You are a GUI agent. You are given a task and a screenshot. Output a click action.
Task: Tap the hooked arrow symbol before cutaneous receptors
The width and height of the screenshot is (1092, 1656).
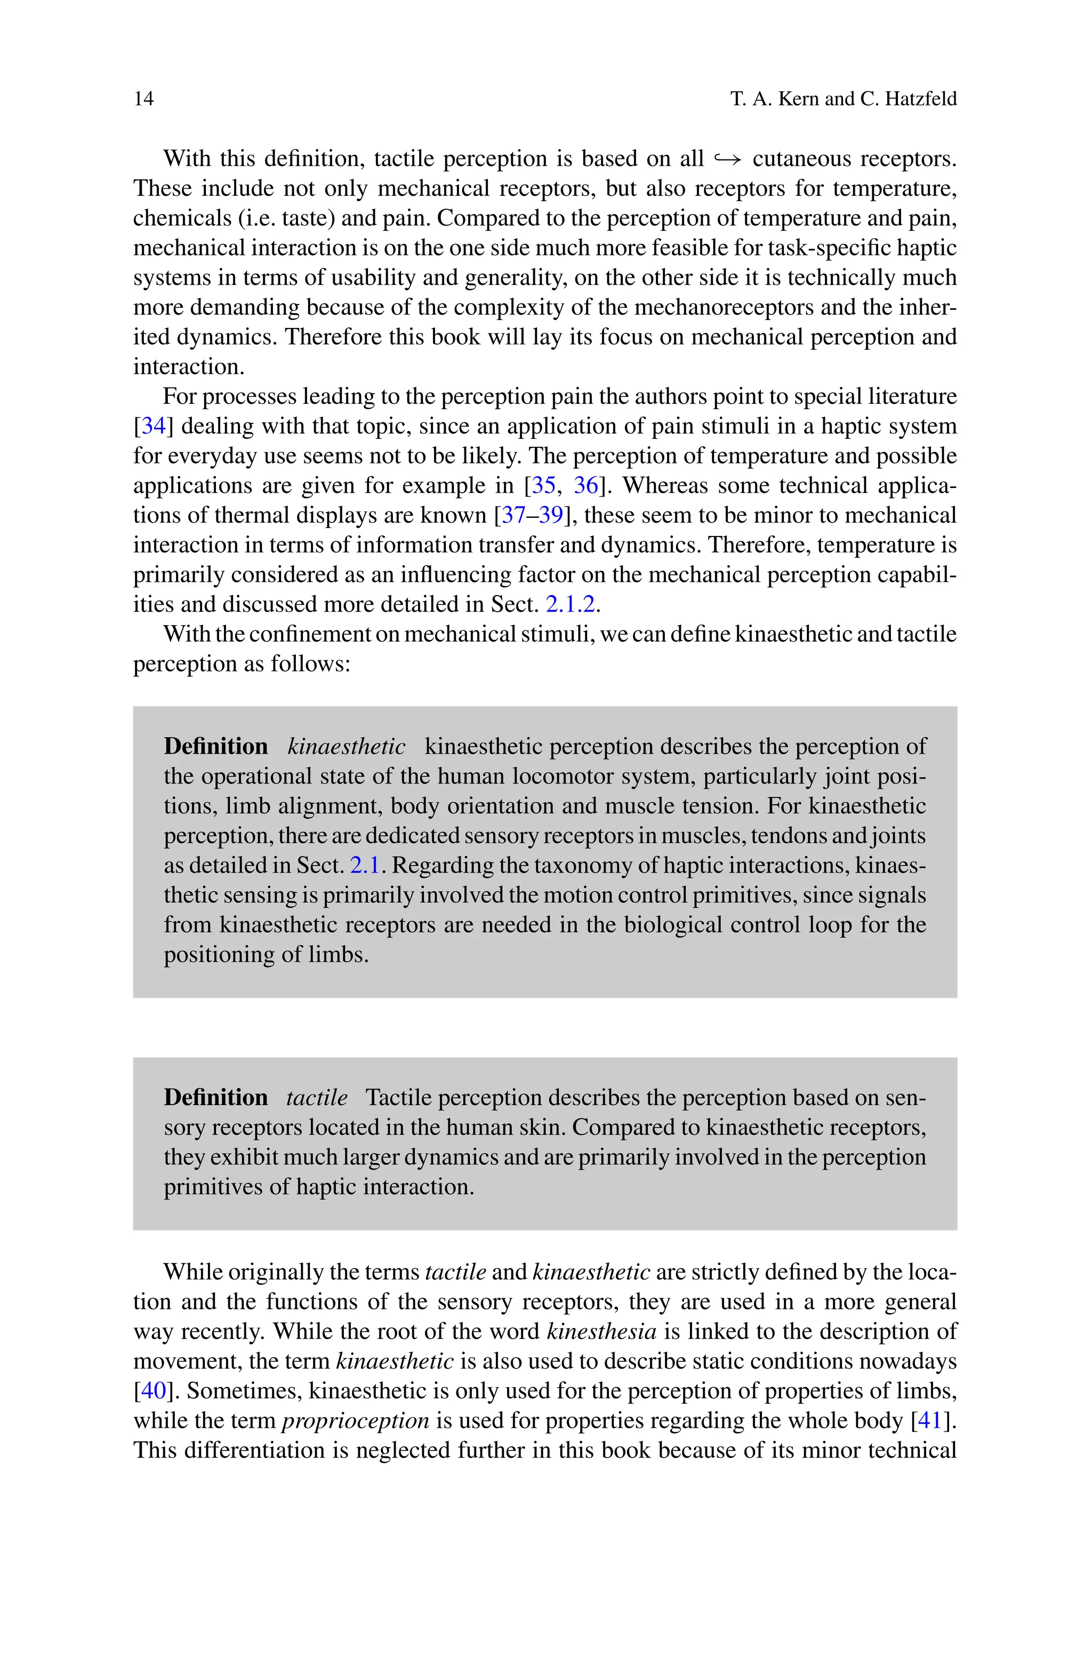coord(728,159)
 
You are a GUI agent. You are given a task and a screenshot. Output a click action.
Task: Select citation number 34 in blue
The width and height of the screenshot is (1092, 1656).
coord(153,426)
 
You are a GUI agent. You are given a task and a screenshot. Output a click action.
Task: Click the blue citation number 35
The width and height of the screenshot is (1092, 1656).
coord(543,485)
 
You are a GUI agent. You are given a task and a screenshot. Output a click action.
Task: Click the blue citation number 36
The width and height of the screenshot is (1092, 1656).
coord(585,485)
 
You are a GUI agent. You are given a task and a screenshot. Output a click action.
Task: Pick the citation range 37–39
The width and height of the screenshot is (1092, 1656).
coord(532,515)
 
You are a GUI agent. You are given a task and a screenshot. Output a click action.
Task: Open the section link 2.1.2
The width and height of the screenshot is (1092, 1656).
coord(571,604)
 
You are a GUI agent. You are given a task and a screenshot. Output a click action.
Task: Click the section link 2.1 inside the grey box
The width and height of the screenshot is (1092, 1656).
coord(364,865)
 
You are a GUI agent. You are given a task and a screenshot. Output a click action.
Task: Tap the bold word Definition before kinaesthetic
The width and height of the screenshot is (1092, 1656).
coord(216,747)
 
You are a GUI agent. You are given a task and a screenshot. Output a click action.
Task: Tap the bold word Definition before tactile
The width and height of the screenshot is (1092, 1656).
coord(216,1098)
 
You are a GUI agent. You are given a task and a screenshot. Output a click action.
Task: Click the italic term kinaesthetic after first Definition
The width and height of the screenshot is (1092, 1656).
coord(346,747)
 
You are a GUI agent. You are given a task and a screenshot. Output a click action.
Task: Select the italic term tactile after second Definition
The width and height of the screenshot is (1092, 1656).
coord(316,1098)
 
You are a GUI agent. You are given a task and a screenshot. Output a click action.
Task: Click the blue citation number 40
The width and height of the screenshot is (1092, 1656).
coord(153,1391)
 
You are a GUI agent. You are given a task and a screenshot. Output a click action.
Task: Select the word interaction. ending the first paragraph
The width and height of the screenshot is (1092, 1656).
coord(189,366)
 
